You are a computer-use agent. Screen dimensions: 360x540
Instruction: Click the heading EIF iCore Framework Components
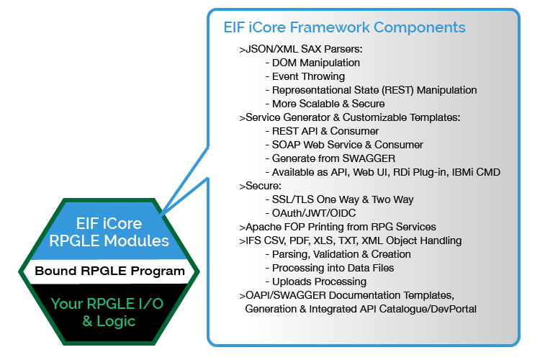(x=344, y=27)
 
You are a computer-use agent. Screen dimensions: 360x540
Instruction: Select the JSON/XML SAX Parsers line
(x=300, y=49)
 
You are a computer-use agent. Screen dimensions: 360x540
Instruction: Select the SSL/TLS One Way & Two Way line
(x=339, y=199)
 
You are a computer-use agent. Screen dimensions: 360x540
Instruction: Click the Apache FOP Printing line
(x=337, y=227)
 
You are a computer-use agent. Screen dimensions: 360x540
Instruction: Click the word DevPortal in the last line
(x=451, y=309)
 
